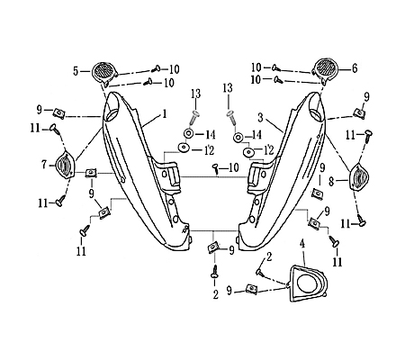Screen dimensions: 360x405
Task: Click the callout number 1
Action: click(x=165, y=114)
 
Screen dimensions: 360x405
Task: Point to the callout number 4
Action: click(x=303, y=244)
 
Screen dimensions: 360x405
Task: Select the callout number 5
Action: click(x=77, y=68)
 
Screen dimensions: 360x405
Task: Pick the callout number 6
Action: click(x=355, y=68)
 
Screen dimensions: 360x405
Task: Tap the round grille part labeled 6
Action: click(x=325, y=68)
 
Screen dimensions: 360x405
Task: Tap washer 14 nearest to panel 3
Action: click(x=238, y=138)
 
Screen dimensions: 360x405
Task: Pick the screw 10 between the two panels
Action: click(x=216, y=167)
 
